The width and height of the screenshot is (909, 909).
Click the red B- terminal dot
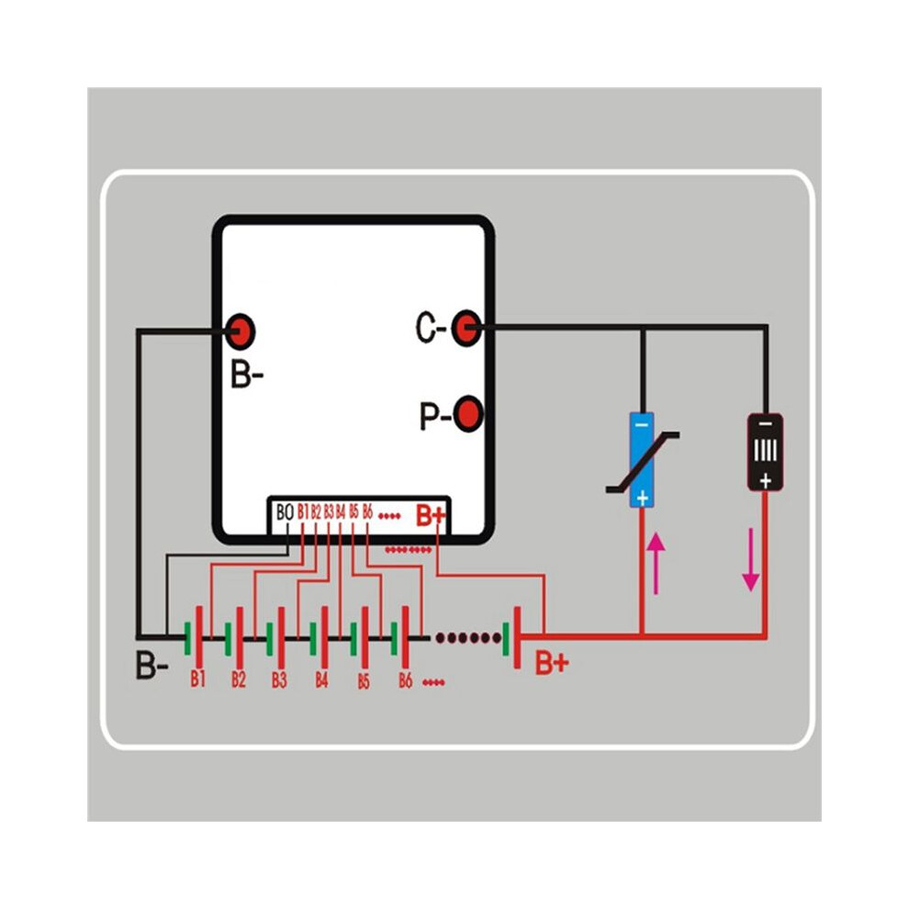(x=240, y=331)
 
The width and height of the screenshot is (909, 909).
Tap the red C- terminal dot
(x=465, y=328)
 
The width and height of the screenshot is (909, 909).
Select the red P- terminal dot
(x=467, y=414)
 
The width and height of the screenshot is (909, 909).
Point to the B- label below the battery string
(x=151, y=665)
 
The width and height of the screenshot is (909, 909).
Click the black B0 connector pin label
(x=285, y=512)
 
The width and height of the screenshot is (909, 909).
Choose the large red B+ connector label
(x=431, y=515)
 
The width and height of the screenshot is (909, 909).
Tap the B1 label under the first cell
(x=197, y=679)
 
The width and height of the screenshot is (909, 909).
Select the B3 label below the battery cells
(x=279, y=679)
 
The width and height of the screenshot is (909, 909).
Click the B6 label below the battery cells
(x=405, y=680)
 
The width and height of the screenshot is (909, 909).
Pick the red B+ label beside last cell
(x=552, y=663)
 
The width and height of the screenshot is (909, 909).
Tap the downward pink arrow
(x=751, y=559)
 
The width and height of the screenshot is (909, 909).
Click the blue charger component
(x=642, y=460)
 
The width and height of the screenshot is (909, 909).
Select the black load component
(x=765, y=452)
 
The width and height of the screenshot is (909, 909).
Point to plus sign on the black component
(x=765, y=480)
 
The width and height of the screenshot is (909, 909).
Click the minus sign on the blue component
(x=642, y=425)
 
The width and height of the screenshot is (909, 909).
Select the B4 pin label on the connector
(x=341, y=511)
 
